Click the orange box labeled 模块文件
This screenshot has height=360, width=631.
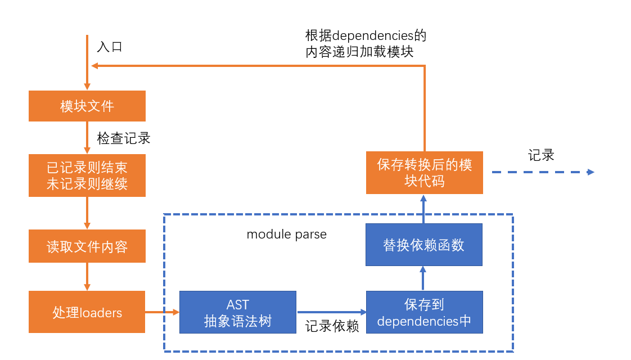click(x=87, y=106)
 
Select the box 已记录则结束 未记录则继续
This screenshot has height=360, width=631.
click(x=87, y=175)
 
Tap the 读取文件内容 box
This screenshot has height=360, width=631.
click(x=87, y=247)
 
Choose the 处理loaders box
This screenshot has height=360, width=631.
click(x=87, y=312)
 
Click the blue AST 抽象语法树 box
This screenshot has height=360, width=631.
click(x=237, y=312)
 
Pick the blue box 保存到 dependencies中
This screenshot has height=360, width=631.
click(x=424, y=312)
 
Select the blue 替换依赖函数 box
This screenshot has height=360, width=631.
click(x=424, y=245)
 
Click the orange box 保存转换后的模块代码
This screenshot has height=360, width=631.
click(x=424, y=172)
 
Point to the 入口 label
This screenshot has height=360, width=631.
click(x=110, y=47)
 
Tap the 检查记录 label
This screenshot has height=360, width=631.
click(x=124, y=138)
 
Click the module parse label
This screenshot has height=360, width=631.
click(x=286, y=234)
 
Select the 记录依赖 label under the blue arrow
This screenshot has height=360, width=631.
click(x=332, y=327)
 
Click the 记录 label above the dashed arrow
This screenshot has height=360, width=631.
click(x=541, y=156)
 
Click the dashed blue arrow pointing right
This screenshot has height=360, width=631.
click(x=543, y=172)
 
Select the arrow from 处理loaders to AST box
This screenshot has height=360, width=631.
click(x=162, y=312)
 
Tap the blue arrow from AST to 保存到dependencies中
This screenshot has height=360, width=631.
click(x=331, y=312)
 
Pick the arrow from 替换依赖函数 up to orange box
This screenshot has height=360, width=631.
click(x=424, y=208)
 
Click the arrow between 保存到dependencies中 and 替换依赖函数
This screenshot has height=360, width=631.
click(x=424, y=278)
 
